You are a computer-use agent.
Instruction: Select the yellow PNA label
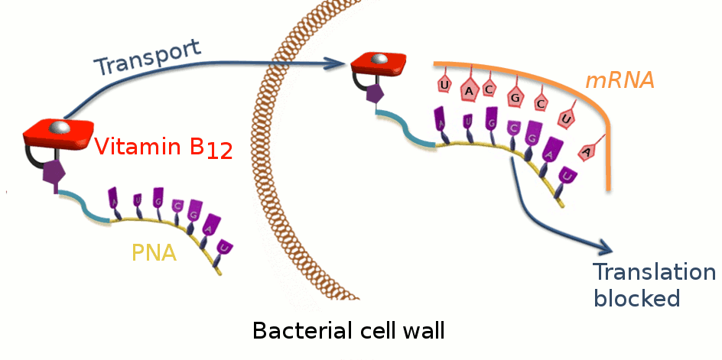154,252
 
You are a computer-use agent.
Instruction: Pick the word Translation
655,273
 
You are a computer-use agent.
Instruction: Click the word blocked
636,298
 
